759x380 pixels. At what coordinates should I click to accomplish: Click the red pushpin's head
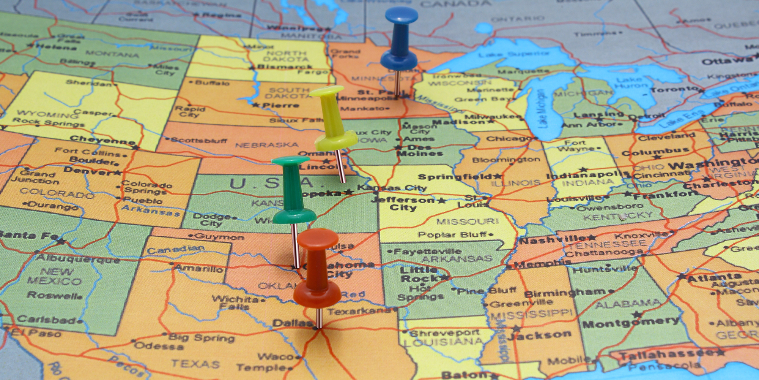318,238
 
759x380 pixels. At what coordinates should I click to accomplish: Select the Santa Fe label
28,236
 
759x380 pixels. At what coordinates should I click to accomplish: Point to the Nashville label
552,240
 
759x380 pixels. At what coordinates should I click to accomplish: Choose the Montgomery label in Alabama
630,323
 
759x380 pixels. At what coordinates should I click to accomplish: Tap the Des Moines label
420,150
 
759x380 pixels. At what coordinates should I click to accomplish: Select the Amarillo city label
199,268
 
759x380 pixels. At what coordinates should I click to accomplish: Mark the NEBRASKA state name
266,145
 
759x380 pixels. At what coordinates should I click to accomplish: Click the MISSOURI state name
467,221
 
